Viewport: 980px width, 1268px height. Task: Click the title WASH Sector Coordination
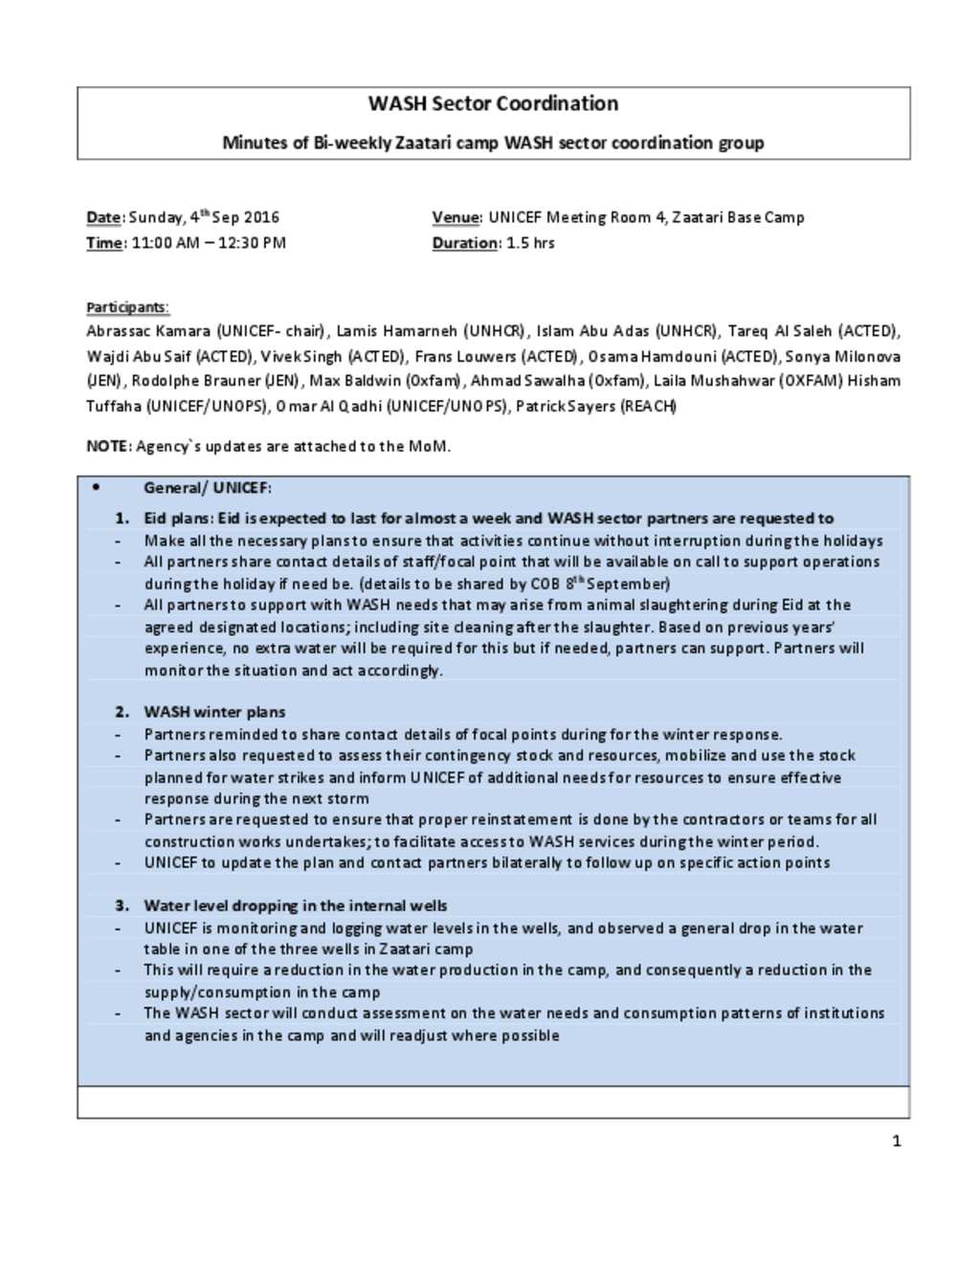(x=493, y=103)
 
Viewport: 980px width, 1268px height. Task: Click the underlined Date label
(x=104, y=217)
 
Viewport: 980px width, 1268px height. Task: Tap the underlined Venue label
(x=456, y=217)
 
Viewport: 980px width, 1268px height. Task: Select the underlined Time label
(x=104, y=243)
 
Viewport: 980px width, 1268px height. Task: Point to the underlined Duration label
(x=464, y=243)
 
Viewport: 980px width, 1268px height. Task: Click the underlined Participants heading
(x=126, y=307)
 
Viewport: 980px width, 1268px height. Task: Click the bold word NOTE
(x=107, y=446)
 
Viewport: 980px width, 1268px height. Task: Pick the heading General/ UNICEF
(x=208, y=488)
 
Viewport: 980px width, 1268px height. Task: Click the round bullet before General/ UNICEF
(x=96, y=487)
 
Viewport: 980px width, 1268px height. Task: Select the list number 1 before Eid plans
(x=122, y=519)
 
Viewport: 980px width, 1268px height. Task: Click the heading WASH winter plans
(x=214, y=712)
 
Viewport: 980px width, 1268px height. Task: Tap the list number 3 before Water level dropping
(x=122, y=905)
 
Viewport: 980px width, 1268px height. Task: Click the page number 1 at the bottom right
(x=896, y=1141)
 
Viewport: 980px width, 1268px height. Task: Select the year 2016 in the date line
(x=260, y=217)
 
